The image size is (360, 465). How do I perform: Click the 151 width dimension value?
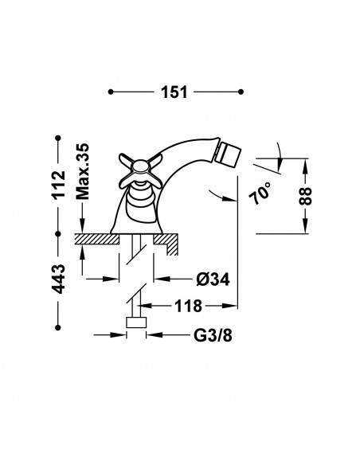click(x=174, y=92)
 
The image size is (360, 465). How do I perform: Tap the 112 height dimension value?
click(x=58, y=185)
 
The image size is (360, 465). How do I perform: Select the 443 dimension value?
click(x=58, y=279)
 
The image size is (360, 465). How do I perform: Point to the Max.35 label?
click(x=83, y=171)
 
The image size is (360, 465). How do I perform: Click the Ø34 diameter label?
click(x=213, y=279)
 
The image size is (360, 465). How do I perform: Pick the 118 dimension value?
click(x=188, y=306)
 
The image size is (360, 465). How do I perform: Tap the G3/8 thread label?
click(x=213, y=335)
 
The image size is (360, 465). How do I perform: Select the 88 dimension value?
click(x=305, y=196)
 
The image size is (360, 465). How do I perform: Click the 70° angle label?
click(x=260, y=193)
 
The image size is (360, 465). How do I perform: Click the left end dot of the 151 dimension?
click(x=111, y=92)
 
